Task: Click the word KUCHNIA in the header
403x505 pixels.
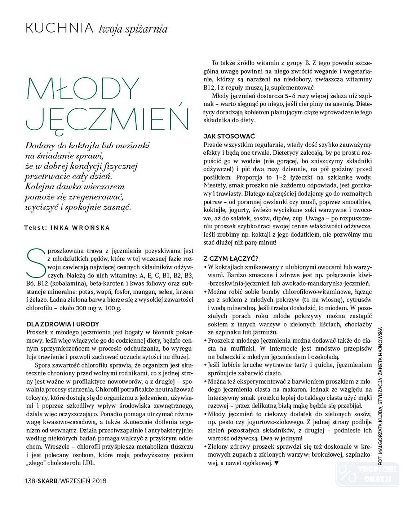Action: tap(59, 28)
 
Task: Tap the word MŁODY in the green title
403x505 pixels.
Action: tap(83, 88)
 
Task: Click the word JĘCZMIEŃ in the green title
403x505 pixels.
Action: tap(107, 118)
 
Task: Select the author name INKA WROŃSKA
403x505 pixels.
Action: tap(80, 228)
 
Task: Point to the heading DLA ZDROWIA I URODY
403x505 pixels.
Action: tap(63, 324)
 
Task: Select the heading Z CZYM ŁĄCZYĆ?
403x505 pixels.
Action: tap(231, 259)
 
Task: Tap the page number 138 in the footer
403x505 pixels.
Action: tap(30, 480)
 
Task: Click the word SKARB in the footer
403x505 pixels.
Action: tap(48, 480)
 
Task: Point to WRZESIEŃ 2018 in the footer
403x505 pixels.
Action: tap(83, 480)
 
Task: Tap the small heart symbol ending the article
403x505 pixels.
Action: tap(276, 463)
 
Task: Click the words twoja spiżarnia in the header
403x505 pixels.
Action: tap(133, 29)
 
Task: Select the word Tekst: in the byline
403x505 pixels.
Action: tap(36, 228)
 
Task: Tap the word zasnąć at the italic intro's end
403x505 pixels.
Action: tap(118, 207)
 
